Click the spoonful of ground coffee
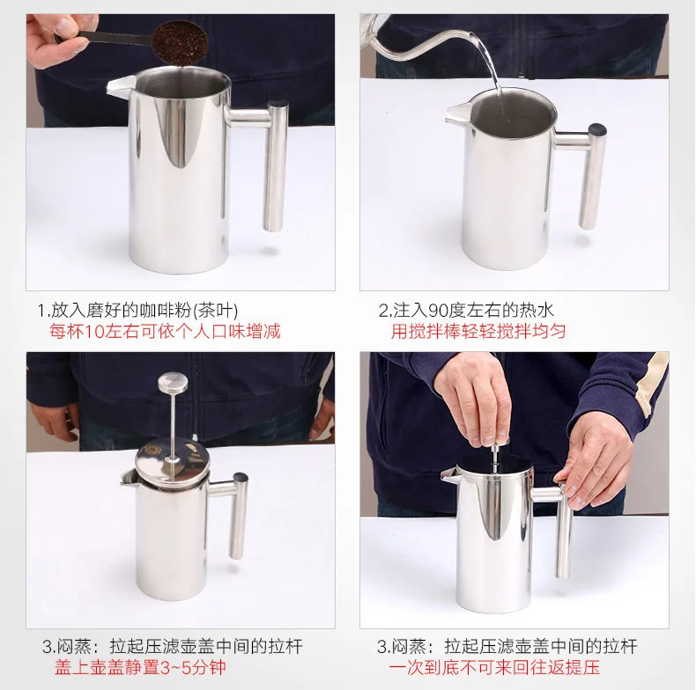(x=181, y=41)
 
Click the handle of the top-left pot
(x=266, y=159)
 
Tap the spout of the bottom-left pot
(x=128, y=478)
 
